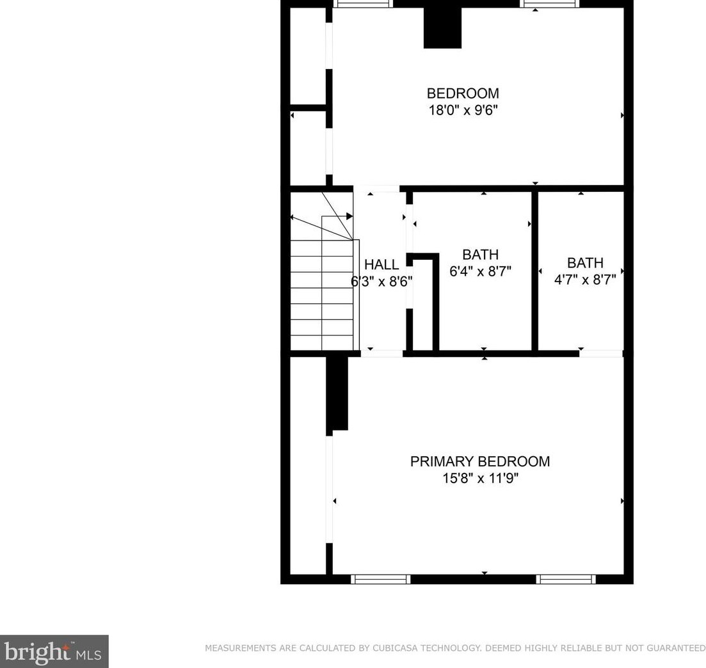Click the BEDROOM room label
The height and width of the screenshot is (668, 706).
click(463, 93)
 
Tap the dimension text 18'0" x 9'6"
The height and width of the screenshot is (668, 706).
click(463, 110)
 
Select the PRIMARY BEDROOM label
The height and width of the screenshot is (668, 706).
click(479, 461)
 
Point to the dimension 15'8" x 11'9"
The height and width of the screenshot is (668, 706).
click(479, 478)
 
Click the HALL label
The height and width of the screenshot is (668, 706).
click(381, 264)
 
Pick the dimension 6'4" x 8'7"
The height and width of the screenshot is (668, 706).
click(480, 271)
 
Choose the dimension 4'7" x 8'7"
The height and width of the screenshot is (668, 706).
click(585, 279)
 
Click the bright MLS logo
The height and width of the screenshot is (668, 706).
click(54, 651)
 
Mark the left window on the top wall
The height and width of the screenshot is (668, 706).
click(363, 4)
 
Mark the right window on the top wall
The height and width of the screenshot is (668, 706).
click(550, 4)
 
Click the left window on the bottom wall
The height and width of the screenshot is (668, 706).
click(381, 579)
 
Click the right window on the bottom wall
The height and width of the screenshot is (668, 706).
click(566, 579)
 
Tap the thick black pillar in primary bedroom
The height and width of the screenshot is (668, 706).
click(337, 393)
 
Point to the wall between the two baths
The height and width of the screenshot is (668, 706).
click(534, 271)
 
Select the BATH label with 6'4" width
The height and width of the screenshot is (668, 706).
click(480, 255)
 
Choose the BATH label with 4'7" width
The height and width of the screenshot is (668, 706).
click(585, 262)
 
